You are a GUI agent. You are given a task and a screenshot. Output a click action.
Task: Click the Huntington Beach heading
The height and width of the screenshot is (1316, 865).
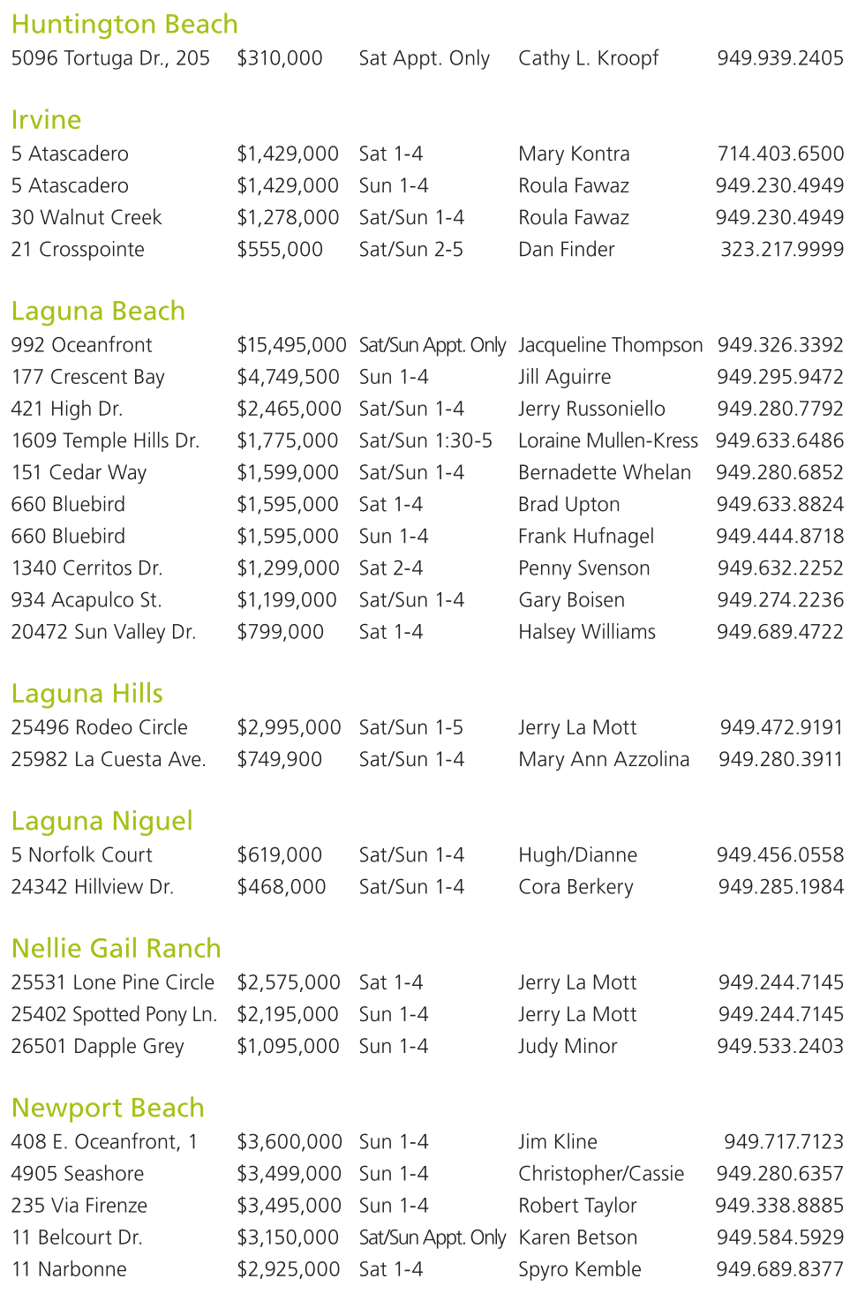point(124,24)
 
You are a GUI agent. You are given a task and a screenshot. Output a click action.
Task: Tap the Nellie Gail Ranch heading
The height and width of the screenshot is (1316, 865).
point(116,948)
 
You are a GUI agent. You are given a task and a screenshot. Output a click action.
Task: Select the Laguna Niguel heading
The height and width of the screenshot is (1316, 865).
point(102,821)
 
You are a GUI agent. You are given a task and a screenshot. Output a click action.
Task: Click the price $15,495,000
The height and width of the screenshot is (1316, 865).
point(291,345)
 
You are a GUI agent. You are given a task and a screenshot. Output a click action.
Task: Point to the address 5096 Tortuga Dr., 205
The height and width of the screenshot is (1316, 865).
point(110,58)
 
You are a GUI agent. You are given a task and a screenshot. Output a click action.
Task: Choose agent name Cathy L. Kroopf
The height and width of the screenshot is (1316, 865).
point(588,58)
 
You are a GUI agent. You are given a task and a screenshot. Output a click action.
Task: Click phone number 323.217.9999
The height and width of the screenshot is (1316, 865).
point(781,250)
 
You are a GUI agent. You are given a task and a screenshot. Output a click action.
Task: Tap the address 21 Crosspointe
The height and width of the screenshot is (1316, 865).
point(78,250)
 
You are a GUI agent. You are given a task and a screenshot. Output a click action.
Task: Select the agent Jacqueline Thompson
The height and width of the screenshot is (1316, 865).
point(610,345)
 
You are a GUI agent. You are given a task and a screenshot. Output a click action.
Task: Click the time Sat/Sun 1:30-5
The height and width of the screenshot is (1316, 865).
point(425,440)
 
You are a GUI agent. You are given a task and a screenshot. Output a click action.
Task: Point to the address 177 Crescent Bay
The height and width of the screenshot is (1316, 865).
point(87,377)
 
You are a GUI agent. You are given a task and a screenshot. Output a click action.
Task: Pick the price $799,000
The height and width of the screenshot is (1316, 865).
point(280,632)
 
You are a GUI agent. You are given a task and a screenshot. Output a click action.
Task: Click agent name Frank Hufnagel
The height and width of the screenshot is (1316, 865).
point(586,537)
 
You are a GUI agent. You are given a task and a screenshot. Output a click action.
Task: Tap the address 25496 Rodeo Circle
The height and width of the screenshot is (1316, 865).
point(99,727)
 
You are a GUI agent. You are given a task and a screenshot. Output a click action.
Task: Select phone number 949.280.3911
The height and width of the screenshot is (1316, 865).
point(780,759)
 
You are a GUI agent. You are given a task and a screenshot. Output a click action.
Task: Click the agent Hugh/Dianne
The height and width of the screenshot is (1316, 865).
point(577,855)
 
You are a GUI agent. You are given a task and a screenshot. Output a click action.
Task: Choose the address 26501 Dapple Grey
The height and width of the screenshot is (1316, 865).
point(97,1046)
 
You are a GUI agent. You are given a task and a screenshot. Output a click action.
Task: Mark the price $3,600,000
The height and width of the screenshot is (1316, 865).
point(289,1142)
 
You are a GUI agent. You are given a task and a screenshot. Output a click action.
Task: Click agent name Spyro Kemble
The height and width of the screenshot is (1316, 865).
point(579,1269)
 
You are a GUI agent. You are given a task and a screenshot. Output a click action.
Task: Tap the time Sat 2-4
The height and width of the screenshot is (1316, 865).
point(390,568)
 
